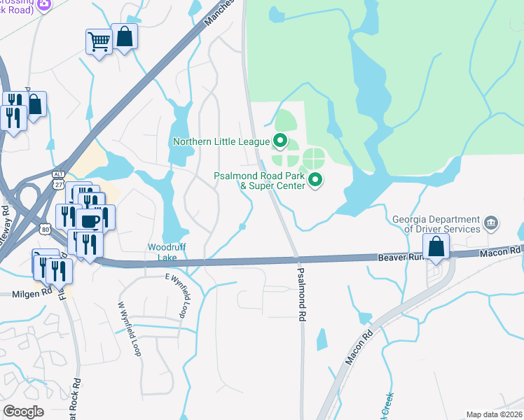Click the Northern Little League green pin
tap(280, 141)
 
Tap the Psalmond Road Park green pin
tap(315, 181)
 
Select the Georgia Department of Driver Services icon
tap(491, 224)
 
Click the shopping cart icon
tap(99, 42)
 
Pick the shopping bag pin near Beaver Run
tap(436, 246)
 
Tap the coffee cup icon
tap(90, 221)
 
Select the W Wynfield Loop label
tap(130, 329)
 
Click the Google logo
tap(23, 412)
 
